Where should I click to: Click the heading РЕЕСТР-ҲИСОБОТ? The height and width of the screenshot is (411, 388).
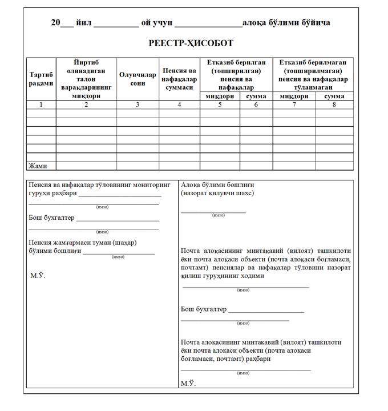[x=191, y=43]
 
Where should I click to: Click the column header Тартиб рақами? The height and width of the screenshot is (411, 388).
[x=41, y=79]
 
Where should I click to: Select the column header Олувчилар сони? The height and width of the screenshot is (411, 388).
[x=137, y=79]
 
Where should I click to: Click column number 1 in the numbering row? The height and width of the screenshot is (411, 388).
[x=41, y=104]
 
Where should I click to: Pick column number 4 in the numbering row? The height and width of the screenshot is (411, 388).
[x=179, y=104]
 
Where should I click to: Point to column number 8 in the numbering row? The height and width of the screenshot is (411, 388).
[x=334, y=104]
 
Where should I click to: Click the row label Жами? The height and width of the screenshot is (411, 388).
[x=38, y=166]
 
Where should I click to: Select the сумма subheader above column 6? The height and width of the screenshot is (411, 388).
[x=256, y=96]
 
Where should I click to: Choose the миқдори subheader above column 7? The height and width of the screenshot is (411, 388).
[x=294, y=96]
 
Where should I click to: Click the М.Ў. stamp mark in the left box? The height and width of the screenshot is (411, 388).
[x=38, y=276]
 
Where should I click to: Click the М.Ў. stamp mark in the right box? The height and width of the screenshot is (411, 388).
[x=188, y=384]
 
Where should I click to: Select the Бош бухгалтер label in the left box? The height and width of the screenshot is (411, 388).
[x=51, y=217]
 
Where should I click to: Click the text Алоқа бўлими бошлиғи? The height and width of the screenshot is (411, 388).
[x=217, y=185]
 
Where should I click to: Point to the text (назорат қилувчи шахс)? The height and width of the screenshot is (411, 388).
[x=217, y=193]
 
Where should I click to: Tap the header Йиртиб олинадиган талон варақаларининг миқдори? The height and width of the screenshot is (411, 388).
[x=86, y=79]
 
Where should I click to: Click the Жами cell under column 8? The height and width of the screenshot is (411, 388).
[x=334, y=166]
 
